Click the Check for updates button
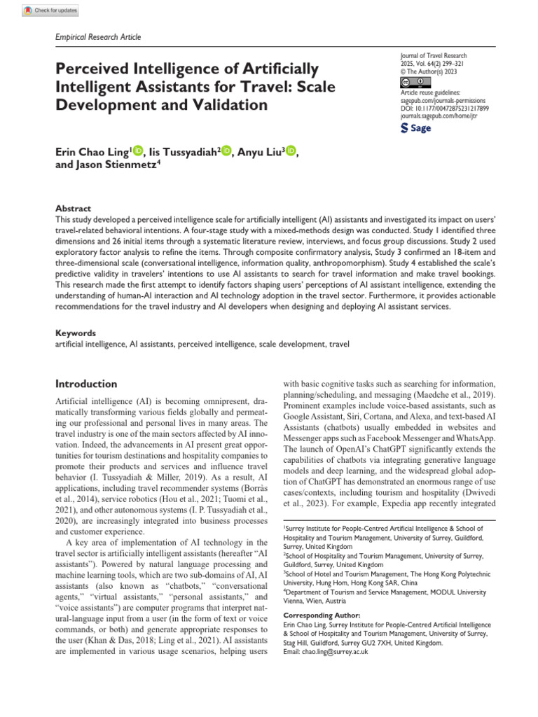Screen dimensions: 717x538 (x=50, y=11)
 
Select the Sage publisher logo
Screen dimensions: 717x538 (x=415, y=129)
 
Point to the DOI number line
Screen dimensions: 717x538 (x=444, y=109)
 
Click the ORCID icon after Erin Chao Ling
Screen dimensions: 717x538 (x=137, y=150)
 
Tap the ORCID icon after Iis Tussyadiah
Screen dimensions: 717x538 (x=226, y=150)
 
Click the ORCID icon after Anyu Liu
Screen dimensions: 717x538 (x=291, y=150)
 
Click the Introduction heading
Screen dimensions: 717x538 (x=87, y=384)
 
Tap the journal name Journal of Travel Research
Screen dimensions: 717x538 (x=432, y=55)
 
